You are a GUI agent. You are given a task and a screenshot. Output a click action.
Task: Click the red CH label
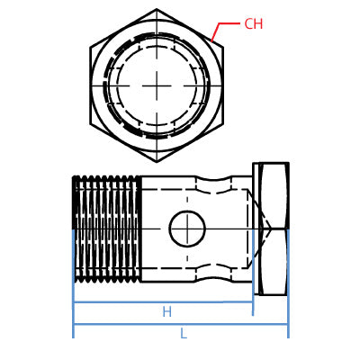click(x=253, y=24)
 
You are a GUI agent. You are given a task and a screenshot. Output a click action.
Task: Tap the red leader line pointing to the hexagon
click(x=216, y=31)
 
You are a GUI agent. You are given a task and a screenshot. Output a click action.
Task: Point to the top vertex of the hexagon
click(x=157, y=10)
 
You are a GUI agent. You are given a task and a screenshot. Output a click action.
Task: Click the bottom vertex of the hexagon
click(x=157, y=161)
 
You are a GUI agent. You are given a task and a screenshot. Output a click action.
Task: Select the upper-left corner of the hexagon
click(x=91, y=47)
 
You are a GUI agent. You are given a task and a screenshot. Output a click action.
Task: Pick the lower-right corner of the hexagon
click(x=222, y=123)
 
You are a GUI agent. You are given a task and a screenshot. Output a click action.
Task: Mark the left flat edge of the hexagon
click(x=91, y=85)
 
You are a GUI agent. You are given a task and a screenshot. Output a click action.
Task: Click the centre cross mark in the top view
click(x=157, y=85)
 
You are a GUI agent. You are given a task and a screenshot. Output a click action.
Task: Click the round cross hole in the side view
click(x=187, y=229)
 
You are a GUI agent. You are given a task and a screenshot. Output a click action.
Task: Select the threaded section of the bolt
click(x=106, y=229)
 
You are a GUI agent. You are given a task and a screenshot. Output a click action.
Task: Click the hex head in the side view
click(x=273, y=229)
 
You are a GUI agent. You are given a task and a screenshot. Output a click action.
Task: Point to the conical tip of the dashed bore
click(x=266, y=229)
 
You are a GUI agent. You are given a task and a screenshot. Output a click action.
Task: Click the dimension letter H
click(x=166, y=312)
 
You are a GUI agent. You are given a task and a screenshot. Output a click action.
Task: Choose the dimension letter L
click(x=183, y=334)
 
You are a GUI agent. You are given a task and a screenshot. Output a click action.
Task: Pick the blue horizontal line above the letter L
click(x=180, y=324)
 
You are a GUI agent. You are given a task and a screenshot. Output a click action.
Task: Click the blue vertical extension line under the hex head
click(x=288, y=315)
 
